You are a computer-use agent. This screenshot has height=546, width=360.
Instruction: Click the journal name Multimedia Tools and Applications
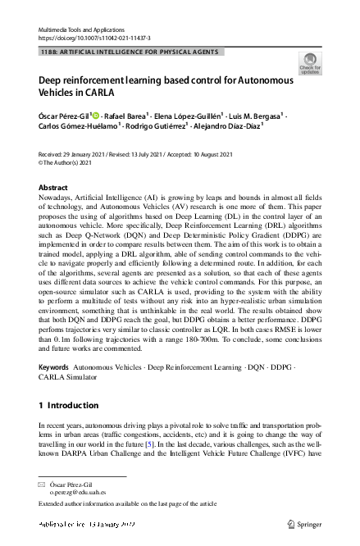pos(80,29)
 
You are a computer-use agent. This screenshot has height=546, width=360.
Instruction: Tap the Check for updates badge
pos(311,64)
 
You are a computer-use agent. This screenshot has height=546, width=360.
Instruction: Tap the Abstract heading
pos(53,188)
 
